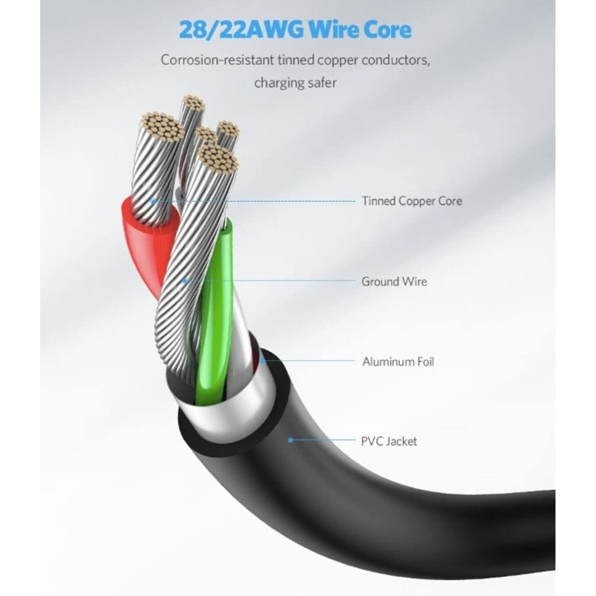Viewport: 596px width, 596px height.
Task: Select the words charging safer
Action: point(295,83)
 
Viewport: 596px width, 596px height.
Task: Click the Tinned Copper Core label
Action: point(412,201)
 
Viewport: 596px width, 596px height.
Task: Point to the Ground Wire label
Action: point(394,282)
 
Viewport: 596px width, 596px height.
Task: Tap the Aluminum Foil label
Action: point(398,362)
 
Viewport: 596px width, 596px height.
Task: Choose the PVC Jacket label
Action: point(389,441)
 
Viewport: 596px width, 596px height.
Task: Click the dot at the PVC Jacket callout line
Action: point(290,440)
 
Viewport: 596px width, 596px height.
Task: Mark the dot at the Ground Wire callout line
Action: point(185,281)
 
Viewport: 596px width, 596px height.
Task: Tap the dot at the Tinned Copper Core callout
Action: point(153,201)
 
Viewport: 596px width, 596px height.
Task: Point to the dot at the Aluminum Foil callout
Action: point(262,361)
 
